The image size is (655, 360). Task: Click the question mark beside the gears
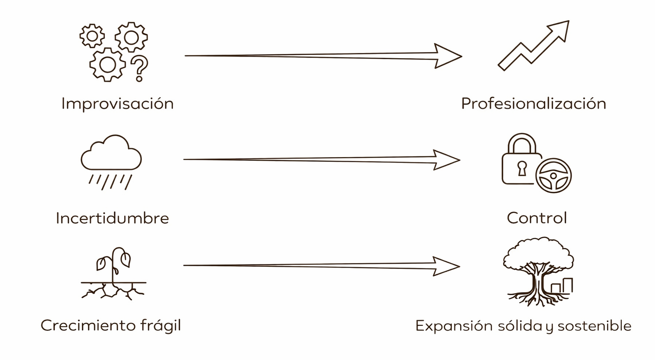click(140, 68)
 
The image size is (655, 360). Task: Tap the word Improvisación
click(117, 104)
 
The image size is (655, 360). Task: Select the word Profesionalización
click(533, 104)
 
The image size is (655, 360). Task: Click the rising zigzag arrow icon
click(534, 46)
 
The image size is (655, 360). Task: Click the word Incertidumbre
click(112, 218)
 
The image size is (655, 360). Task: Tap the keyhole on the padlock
click(521, 168)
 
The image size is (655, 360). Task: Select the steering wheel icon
click(553, 176)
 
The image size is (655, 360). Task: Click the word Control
click(537, 218)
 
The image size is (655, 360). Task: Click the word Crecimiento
click(88, 325)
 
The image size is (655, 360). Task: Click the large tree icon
click(538, 269)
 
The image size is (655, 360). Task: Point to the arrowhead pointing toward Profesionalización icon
click(447, 56)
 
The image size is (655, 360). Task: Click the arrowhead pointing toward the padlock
click(446, 160)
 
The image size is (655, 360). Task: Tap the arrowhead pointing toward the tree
click(446, 266)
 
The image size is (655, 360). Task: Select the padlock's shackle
click(521, 142)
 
